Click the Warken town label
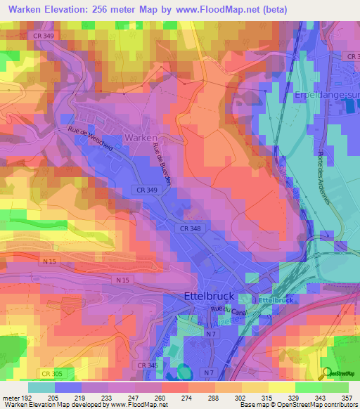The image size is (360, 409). point(141,138)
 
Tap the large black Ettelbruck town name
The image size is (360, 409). point(212,296)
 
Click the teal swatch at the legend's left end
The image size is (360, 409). point(41,387)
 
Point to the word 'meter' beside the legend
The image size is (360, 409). point(11,398)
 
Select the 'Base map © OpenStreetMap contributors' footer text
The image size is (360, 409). point(297,405)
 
